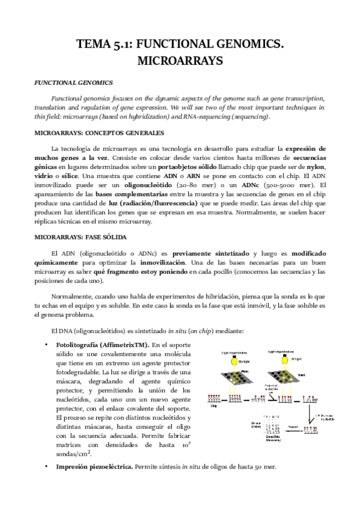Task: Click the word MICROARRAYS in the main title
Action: pos(180,61)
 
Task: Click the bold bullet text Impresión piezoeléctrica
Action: pos(94,483)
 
